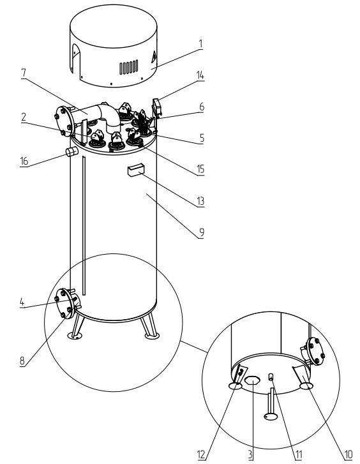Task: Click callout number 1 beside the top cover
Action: point(201,44)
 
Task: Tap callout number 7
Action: point(24,73)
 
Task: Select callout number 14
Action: point(200,75)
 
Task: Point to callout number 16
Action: point(24,161)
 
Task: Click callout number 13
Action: point(200,201)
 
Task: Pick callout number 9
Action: point(201,232)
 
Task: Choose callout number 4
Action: point(22,302)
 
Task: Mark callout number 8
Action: point(22,361)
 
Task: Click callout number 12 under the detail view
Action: point(201,454)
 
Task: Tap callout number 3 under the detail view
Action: point(250,454)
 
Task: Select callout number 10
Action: point(349,454)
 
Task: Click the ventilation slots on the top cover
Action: point(129,67)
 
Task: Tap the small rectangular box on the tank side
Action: point(136,170)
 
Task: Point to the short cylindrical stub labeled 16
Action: point(71,152)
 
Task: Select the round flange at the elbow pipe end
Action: point(63,121)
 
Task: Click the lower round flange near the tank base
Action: point(64,304)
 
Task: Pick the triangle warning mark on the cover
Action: point(154,57)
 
